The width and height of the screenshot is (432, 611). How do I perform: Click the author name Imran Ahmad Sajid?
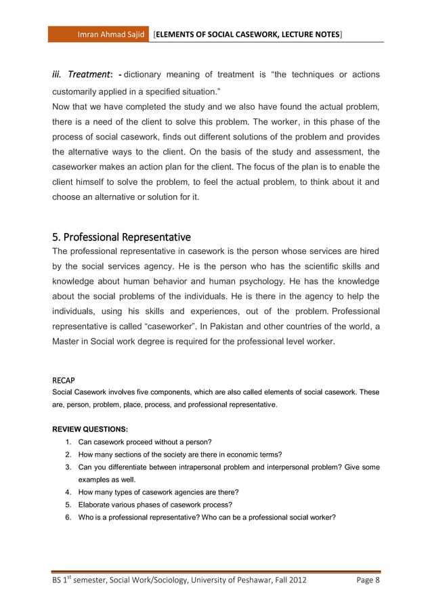click(111, 33)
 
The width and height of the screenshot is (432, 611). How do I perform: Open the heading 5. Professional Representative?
click(121, 237)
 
